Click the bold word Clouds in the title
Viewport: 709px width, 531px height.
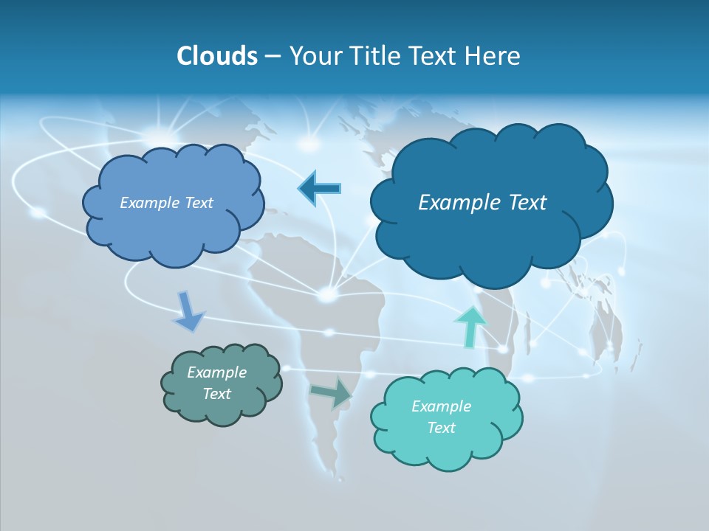pos(216,56)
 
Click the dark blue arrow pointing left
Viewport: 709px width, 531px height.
pos(318,189)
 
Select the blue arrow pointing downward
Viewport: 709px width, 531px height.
pos(188,310)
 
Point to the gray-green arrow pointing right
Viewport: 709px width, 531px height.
pos(332,392)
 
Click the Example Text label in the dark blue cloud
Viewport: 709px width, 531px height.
pos(482,202)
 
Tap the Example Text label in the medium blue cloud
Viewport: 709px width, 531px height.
pos(166,202)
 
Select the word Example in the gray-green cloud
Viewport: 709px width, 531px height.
pos(216,372)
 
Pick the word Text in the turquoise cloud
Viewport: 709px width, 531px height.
pos(441,428)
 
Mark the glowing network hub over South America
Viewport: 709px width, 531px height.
pos(327,294)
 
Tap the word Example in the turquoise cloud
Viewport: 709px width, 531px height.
pos(441,406)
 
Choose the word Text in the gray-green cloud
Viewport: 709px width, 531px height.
pos(216,394)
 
